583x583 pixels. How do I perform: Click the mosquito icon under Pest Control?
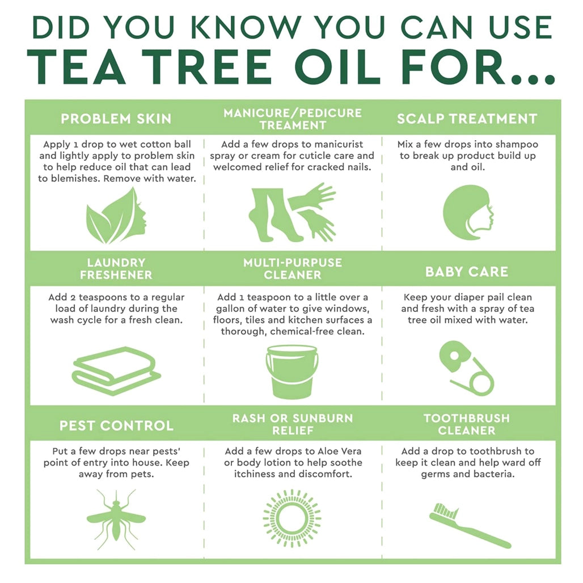coord(116,520)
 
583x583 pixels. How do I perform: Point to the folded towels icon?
coord(116,370)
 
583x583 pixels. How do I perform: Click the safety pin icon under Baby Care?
coord(466,368)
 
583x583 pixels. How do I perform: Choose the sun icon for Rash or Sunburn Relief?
coord(292,518)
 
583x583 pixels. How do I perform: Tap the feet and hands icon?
coord(292,212)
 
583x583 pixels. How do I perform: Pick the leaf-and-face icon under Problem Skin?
coord(116,216)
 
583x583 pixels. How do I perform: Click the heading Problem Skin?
coord(116,119)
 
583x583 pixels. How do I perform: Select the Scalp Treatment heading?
coord(467,119)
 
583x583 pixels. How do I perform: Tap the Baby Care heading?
coord(467,272)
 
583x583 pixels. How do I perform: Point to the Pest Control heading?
coord(116,426)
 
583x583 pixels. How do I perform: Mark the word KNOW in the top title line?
coord(247,27)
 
